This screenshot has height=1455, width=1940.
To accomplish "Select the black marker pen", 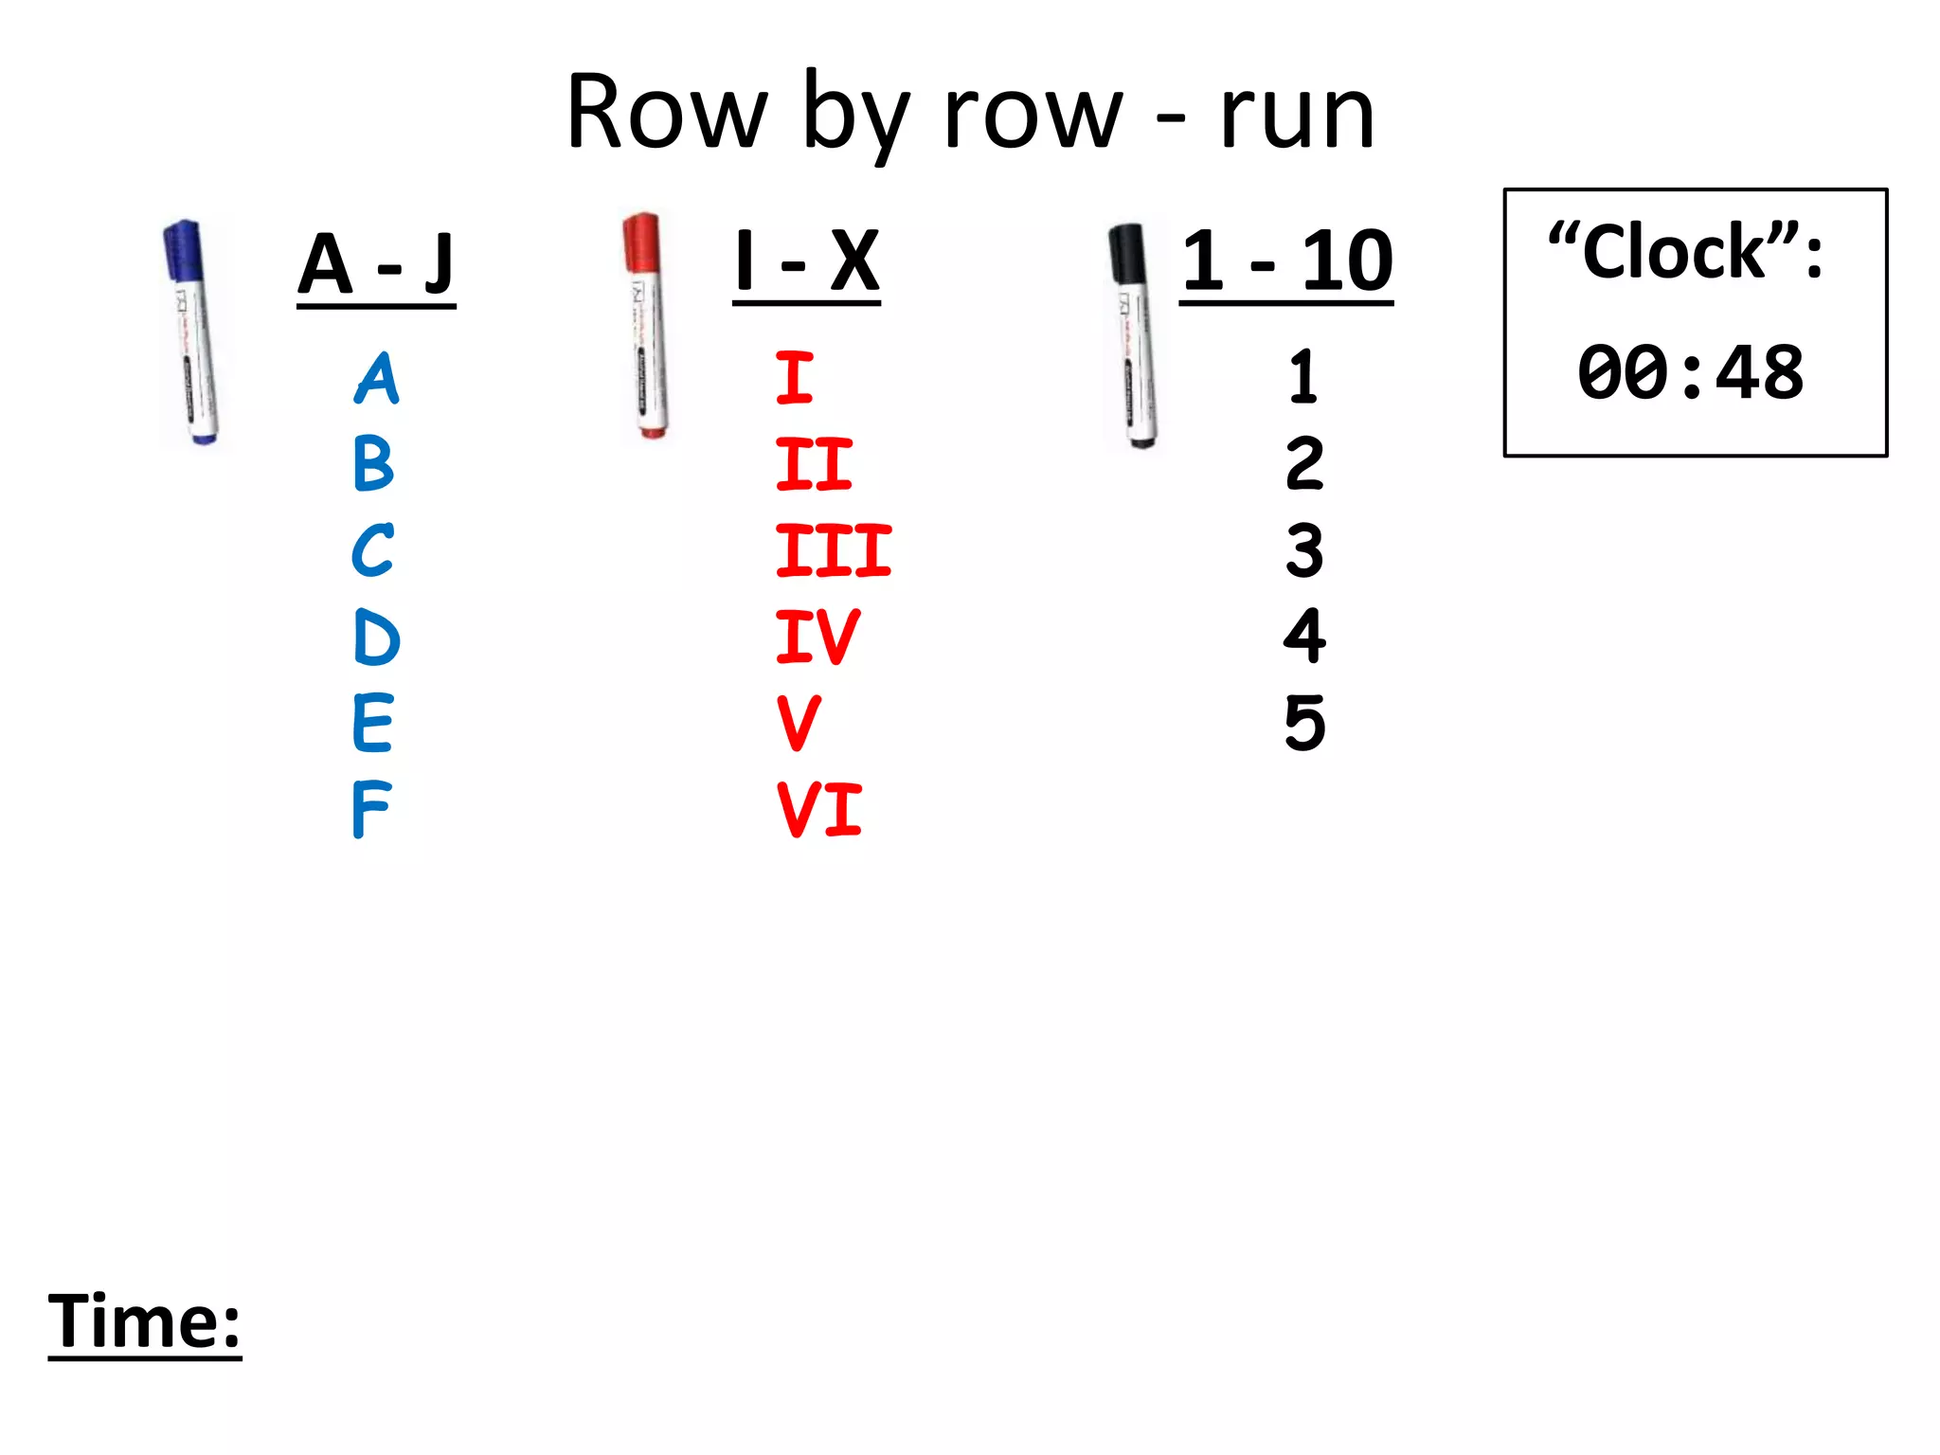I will coord(1133,335).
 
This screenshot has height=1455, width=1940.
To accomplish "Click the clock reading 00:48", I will coord(1691,372).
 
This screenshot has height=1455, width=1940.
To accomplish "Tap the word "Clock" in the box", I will coord(1674,254).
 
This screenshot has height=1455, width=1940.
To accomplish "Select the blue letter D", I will coord(376,637).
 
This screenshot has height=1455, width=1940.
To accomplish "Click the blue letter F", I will coord(370,810).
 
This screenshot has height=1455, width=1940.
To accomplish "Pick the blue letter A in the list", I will coord(377,379).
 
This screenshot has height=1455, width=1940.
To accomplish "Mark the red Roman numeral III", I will coord(833,550).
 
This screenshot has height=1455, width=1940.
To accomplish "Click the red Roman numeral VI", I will coord(818,810).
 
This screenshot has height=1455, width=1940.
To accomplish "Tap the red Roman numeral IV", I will coord(817,637).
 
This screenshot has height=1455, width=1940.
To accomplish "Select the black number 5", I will coord(1304,723).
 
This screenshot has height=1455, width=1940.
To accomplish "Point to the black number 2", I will coord(1304,464).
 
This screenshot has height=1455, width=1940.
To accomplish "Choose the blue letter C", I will coord(372,550).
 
